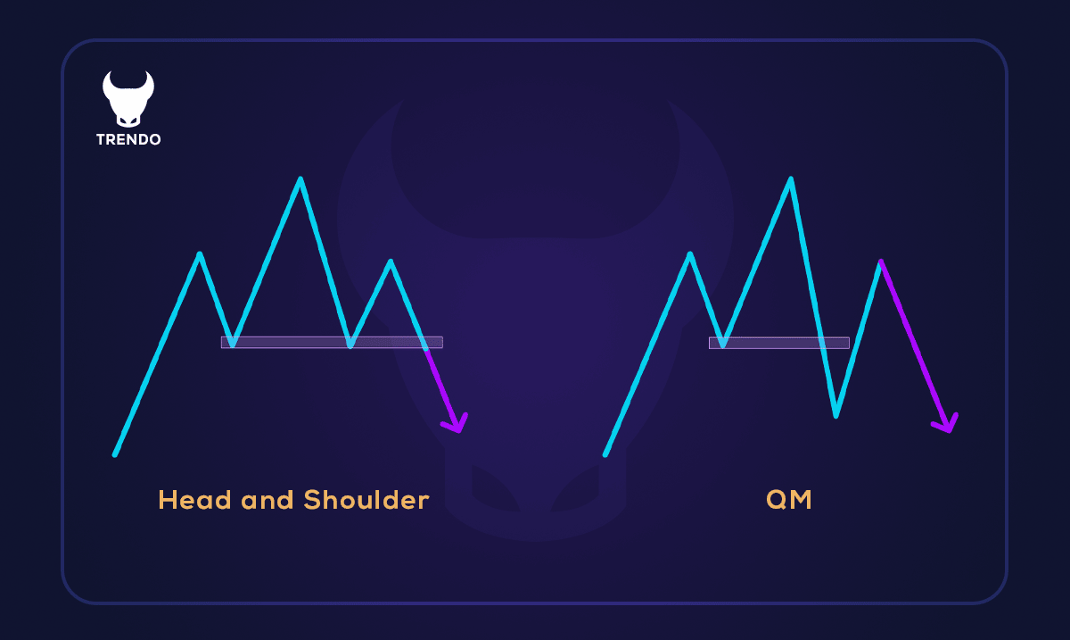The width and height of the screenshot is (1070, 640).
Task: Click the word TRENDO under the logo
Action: click(x=128, y=140)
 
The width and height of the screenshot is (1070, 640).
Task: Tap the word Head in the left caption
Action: click(x=189, y=500)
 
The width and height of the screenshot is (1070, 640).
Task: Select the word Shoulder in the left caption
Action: click(x=366, y=500)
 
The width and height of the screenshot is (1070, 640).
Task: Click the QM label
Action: click(x=789, y=500)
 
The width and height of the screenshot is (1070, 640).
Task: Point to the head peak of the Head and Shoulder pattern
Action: click(x=300, y=179)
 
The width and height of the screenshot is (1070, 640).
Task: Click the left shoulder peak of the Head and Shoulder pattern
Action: click(x=200, y=254)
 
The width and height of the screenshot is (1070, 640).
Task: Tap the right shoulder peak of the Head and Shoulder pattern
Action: click(x=391, y=262)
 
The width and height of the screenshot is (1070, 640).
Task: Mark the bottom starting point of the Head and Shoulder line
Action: click(x=115, y=454)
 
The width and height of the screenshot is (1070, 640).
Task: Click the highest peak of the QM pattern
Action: click(x=790, y=179)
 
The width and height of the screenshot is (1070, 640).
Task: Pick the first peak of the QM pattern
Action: click(x=690, y=254)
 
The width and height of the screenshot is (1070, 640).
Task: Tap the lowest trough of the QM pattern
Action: click(x=835, y=415)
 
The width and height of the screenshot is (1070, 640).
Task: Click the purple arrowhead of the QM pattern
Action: click(x=948, y=425)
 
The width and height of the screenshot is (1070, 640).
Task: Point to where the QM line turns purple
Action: click(x=881, y=262)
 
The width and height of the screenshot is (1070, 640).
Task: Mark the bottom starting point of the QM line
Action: click(x=605, y=454)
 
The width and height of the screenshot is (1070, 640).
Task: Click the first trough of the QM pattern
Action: click(x=723, y=345)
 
